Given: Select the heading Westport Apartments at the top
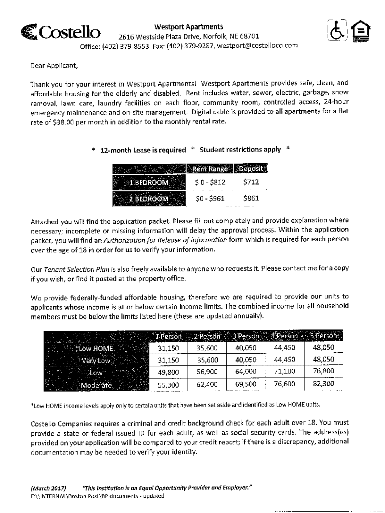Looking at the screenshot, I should coord(188,26).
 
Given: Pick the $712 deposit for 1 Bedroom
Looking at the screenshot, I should coord(251,183).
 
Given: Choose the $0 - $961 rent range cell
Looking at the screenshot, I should coord(210,198).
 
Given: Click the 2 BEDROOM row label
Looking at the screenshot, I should coord(149,198).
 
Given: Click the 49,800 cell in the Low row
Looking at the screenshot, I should coord(168,372).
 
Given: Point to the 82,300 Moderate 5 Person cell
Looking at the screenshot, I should coord(323,384).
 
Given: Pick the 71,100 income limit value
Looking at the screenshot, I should coord(285,372).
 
